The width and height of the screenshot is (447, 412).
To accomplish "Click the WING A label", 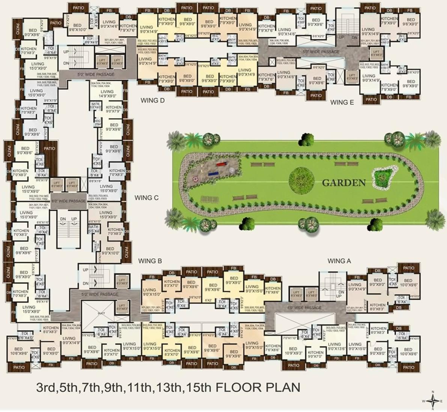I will [339, 261].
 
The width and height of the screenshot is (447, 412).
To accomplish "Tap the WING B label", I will [150, 261].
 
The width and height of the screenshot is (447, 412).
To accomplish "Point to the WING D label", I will [152, 100].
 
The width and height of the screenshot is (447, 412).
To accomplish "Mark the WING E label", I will [342, 102].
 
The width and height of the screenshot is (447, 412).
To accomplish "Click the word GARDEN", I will [344, 183].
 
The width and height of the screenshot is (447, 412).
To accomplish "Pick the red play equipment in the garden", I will [221, 164].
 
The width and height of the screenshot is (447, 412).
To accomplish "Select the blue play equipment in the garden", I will [212, 173].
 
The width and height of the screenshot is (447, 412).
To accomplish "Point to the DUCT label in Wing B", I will [101, 313].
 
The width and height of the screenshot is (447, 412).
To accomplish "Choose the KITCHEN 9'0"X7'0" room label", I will [316, 354].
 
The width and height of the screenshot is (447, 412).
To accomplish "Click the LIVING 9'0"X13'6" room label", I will [334, 346].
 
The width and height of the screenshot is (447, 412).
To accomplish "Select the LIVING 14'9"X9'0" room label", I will [107, 94].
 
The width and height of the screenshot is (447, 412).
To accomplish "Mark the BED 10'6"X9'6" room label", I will [19, 351].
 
